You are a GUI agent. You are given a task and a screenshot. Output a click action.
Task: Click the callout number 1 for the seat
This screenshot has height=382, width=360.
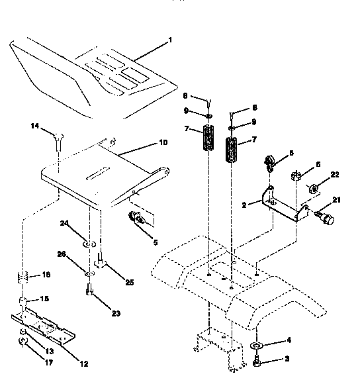coord(170,40)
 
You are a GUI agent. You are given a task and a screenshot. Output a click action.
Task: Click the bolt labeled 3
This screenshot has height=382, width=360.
coord(256,362)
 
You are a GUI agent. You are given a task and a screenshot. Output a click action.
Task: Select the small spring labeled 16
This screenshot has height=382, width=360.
coord(22,276)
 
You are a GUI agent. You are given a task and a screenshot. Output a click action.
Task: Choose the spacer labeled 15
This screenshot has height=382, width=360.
coord(22,303)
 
